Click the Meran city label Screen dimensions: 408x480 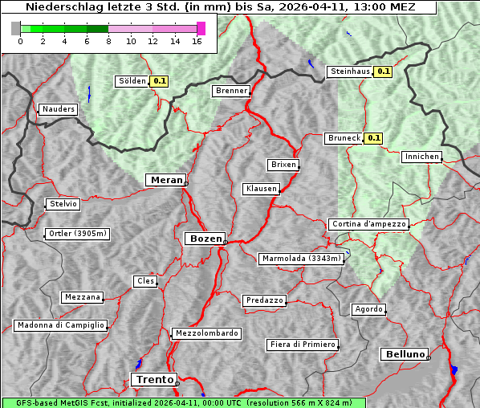pyautogui.click(x=165, y=180)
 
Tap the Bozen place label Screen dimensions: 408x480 pyautogui.click(x=204, y=239)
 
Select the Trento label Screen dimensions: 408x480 pyautogui.click(x=153, y=379)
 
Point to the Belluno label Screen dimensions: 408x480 pyautogui.click(x=404, y=353)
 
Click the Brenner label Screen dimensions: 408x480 pyautogui.click(x=232, y=91)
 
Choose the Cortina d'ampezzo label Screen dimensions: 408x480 pyautogui.click(x=368, y=224)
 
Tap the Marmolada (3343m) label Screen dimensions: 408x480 pyautogui.click(x=302, y=259)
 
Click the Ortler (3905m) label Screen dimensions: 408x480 pyautogui.click(x=77, y=235)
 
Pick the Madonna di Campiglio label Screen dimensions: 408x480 pyautogui.click(x=60, y=325)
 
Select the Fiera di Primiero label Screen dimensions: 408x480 pyautogui.click(x=303, y=345)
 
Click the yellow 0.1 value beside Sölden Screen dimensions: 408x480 pyautogui.click(x=160, y=80)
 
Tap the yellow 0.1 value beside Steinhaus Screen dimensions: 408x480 pyautogui.click(x=384, y=71)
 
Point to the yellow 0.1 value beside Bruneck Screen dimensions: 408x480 pyautogui.click(x=373, y=138)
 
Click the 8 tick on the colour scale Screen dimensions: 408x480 pyautogui.click(x=108, y=41)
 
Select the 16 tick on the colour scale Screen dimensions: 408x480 pyautogui.click(x=197, y=41)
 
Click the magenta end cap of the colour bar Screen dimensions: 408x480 pyautogui.click(x=201, y=28)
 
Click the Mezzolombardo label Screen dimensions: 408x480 pyautogui.click(x=205, y=333)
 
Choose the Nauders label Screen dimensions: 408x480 pyautogui.click(x=59, y=109)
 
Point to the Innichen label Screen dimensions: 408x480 pyautogui.click(x=421, y=157)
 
